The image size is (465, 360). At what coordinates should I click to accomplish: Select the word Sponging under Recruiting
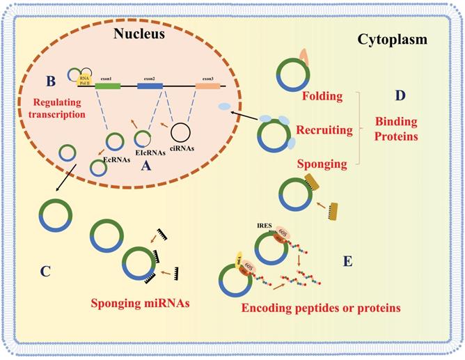(322, 164)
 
